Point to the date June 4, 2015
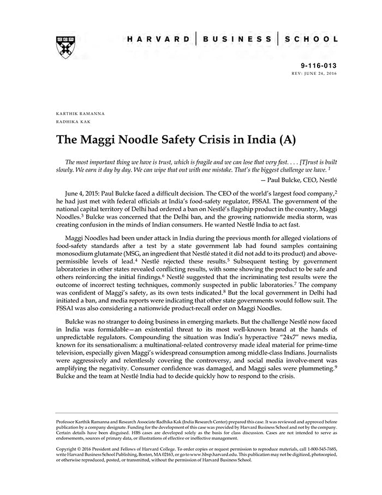[x=83, y=193]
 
